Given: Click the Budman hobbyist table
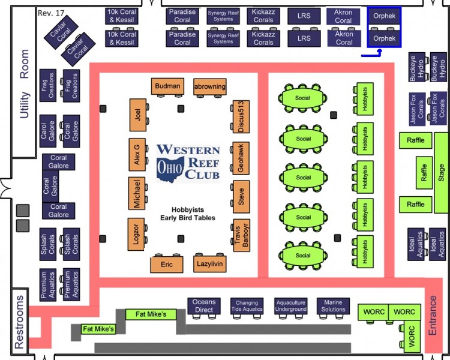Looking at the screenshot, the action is coord(167,86).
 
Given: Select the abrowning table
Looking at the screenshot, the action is coord(210,86).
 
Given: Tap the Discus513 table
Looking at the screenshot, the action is coord(241,116).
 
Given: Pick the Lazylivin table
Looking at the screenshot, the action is coord(210,264).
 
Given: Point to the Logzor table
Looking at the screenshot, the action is coord(136,234).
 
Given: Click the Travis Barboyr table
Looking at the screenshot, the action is coord(241,235).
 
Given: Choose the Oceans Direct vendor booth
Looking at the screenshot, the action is coord(204,306).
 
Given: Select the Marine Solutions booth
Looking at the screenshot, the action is coord(333,306).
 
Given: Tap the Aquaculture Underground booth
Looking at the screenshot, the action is coord(291,306).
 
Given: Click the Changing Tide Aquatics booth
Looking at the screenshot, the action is coord(247,306).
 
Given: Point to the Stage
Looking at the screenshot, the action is coord(441,173).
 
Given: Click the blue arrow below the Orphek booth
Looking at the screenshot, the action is coord(371,53).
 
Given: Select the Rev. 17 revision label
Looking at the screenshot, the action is coord(51,13).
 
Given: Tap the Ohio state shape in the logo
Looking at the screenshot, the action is coord(170,169).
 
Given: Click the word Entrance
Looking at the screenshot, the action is coord(432,315).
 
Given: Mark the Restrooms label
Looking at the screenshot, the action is coord(19,322).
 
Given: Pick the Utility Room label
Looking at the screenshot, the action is coord(24,84).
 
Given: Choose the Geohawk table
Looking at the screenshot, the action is coord(241,158).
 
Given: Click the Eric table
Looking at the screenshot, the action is coord(167,265).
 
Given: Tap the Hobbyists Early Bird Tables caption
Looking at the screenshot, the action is coord(188,214).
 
